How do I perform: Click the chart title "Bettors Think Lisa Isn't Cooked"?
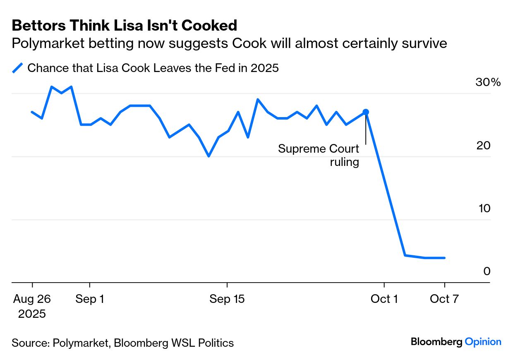click(125, 26)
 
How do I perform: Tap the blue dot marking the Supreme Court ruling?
click(366, 112)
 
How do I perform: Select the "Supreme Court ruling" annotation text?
click(319, 155)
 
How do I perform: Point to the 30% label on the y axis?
click(488, 82)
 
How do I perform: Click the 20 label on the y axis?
click(484, 146)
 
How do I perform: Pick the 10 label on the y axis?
click(484, 209)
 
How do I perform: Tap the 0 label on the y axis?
click(487, 271)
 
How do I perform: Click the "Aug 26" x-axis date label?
click(32, 299)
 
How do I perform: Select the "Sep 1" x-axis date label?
click(90, 299)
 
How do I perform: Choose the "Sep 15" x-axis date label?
click(227, 299)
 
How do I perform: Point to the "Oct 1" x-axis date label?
click(384, 299)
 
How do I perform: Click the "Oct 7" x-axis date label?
click(444, 299)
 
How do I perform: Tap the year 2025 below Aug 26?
click(32, 314)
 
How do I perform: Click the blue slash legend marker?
click(17, 68)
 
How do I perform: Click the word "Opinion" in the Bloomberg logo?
click(483, 342)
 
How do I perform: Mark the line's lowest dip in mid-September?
click(209, 156)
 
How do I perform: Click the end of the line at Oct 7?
click(444, 258)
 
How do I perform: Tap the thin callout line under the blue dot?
click(366, 130)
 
